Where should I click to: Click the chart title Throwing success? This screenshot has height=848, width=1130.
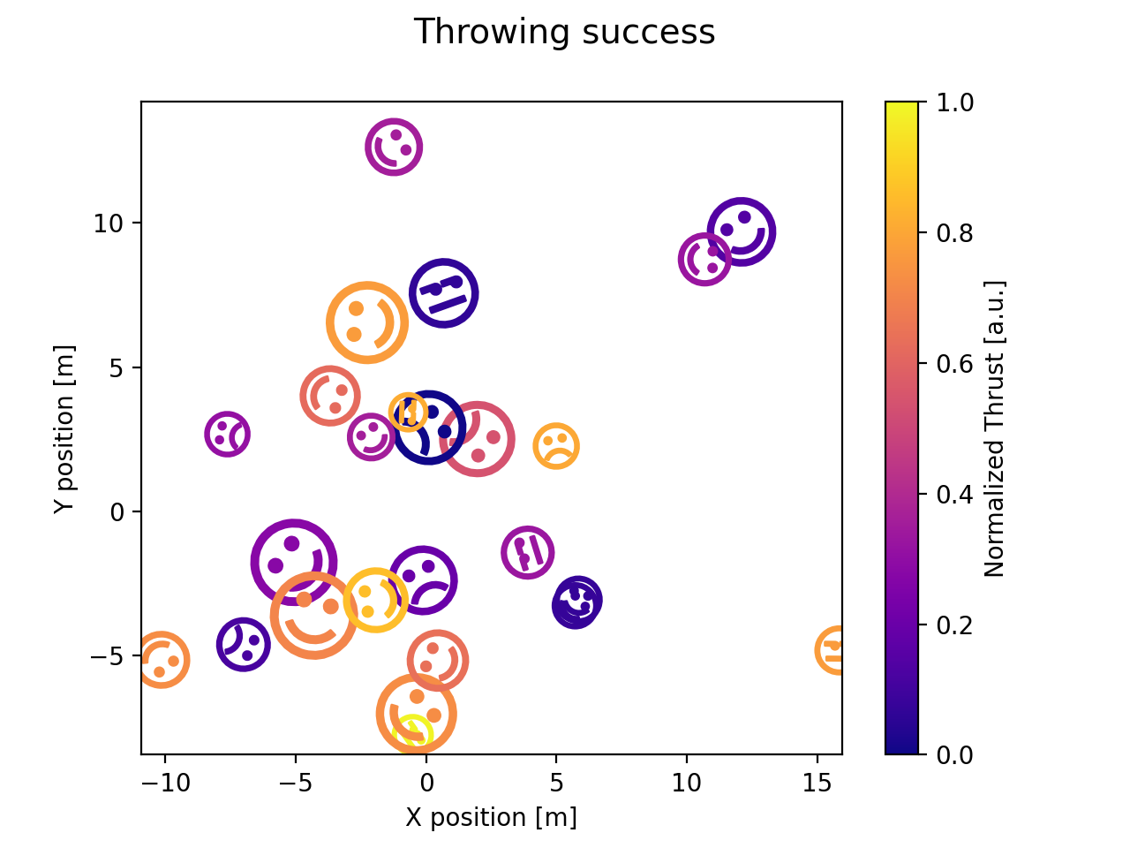point(564,33)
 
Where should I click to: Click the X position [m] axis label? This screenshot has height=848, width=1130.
point(491,817)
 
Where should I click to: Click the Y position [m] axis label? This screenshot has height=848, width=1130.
point(63,428)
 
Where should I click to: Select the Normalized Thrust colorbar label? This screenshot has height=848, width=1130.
point(995,428)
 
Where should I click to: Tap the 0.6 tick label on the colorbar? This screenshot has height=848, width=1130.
point(955,363)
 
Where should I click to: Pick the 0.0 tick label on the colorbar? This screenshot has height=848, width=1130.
point(955,754)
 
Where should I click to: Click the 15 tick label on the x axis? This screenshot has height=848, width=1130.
point(817,784)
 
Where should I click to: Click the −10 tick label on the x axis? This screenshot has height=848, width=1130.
point(164,784)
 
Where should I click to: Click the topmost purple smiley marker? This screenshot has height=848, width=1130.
point(394,147)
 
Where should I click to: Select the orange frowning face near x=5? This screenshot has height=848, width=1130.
point(556,446)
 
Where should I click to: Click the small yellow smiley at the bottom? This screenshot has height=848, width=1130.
point(412,732)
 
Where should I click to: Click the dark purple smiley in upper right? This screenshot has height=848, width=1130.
point(742,231)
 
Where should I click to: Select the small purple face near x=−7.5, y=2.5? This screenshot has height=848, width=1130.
point(227,434)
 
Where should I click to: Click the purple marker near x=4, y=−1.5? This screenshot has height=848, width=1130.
point(528,553)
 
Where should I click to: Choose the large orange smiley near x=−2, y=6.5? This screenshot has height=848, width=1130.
point(367,322)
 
